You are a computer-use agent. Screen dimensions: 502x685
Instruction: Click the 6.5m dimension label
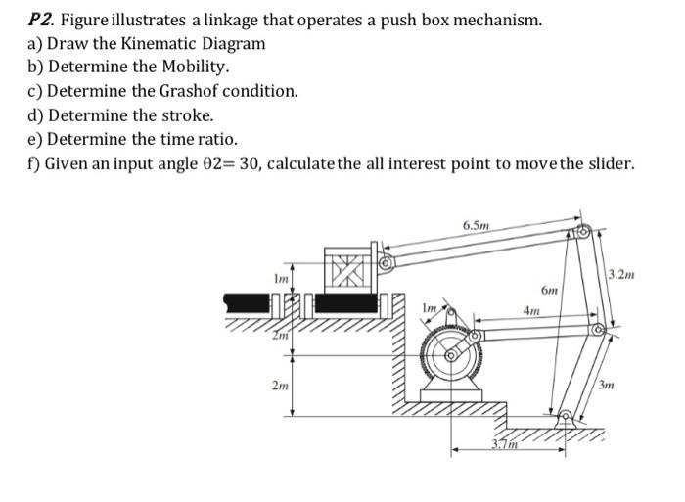[478, 225]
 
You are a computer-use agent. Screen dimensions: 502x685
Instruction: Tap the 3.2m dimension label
[621, 274]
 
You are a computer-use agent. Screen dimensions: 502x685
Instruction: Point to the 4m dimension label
[532, 311]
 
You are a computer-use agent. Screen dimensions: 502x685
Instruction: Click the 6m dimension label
[550, 291]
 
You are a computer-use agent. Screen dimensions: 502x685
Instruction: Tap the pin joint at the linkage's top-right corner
[583, 233]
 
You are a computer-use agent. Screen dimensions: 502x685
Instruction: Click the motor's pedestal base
[452, 395]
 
